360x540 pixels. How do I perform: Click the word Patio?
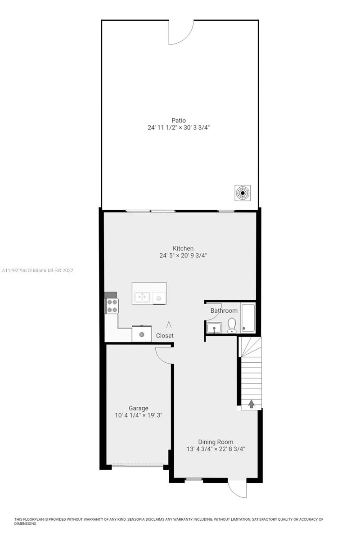(x=179, y=120)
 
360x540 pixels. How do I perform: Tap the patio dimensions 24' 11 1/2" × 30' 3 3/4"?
(x=179, y=127)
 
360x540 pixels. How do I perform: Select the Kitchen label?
(x=183, y=248)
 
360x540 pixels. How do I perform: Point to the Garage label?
(x=139, y=408)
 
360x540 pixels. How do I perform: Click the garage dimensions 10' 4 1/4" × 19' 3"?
(x=139, y=415)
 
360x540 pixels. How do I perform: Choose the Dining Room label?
(x=216, y=442)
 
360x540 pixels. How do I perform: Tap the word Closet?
(x=165, y=336)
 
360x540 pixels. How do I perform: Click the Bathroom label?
(x=224, y=310)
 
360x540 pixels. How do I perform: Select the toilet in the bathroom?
(x=232, y=325)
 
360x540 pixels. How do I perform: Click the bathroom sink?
(x=214, y=328)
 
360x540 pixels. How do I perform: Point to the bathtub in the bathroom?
(x=248, y=318)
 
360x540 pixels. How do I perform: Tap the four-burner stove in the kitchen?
(x=112, y=306)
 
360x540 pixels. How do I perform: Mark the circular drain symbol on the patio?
(x=243, y=193)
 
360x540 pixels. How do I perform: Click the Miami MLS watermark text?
(x=37, y=270)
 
